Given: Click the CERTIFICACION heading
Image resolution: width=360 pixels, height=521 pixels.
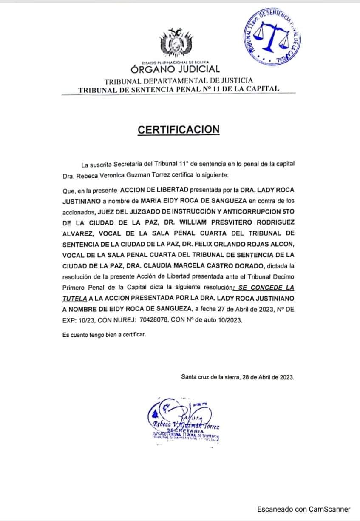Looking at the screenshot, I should pos(179,130).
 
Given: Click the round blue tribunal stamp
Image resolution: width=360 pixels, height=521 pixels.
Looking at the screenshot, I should pos(274,36).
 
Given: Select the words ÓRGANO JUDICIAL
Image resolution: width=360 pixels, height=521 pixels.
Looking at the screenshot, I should pos(175,69).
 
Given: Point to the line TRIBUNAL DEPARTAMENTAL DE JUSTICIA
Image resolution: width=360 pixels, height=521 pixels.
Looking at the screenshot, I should pos(179,80).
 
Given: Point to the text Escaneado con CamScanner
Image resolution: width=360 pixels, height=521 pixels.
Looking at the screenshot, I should pos(303,509).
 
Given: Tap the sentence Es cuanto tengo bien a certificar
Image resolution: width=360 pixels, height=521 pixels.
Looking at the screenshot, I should pos(104,335).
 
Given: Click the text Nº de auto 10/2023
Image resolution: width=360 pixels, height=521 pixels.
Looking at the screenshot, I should pos(213,320).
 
